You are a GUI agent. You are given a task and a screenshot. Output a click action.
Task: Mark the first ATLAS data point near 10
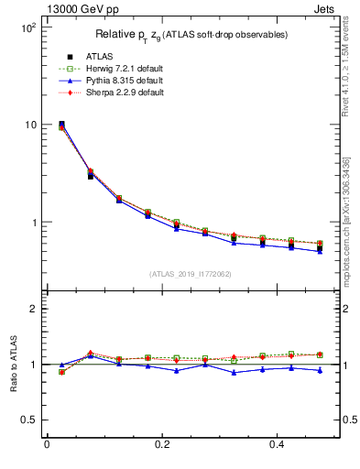(x=61, y=124)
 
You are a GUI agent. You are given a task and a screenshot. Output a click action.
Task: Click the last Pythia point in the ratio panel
(x=320, y=370)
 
